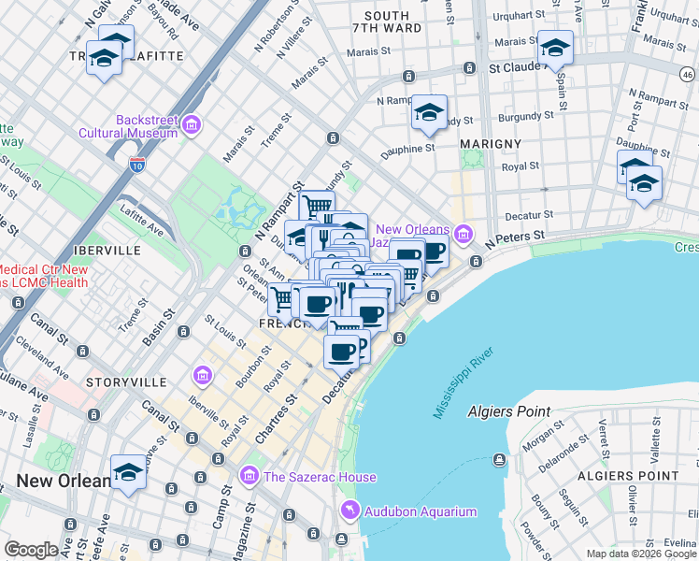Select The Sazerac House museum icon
[249, 477]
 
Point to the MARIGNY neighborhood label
[491, 143]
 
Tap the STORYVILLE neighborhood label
[126, 382]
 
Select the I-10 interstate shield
[137, 165]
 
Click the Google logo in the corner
[31, 550]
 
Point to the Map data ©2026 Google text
[640, 554]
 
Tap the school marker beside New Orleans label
[128, 472]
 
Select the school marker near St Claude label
[555, 47]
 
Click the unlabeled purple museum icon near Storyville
[202, 376]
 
